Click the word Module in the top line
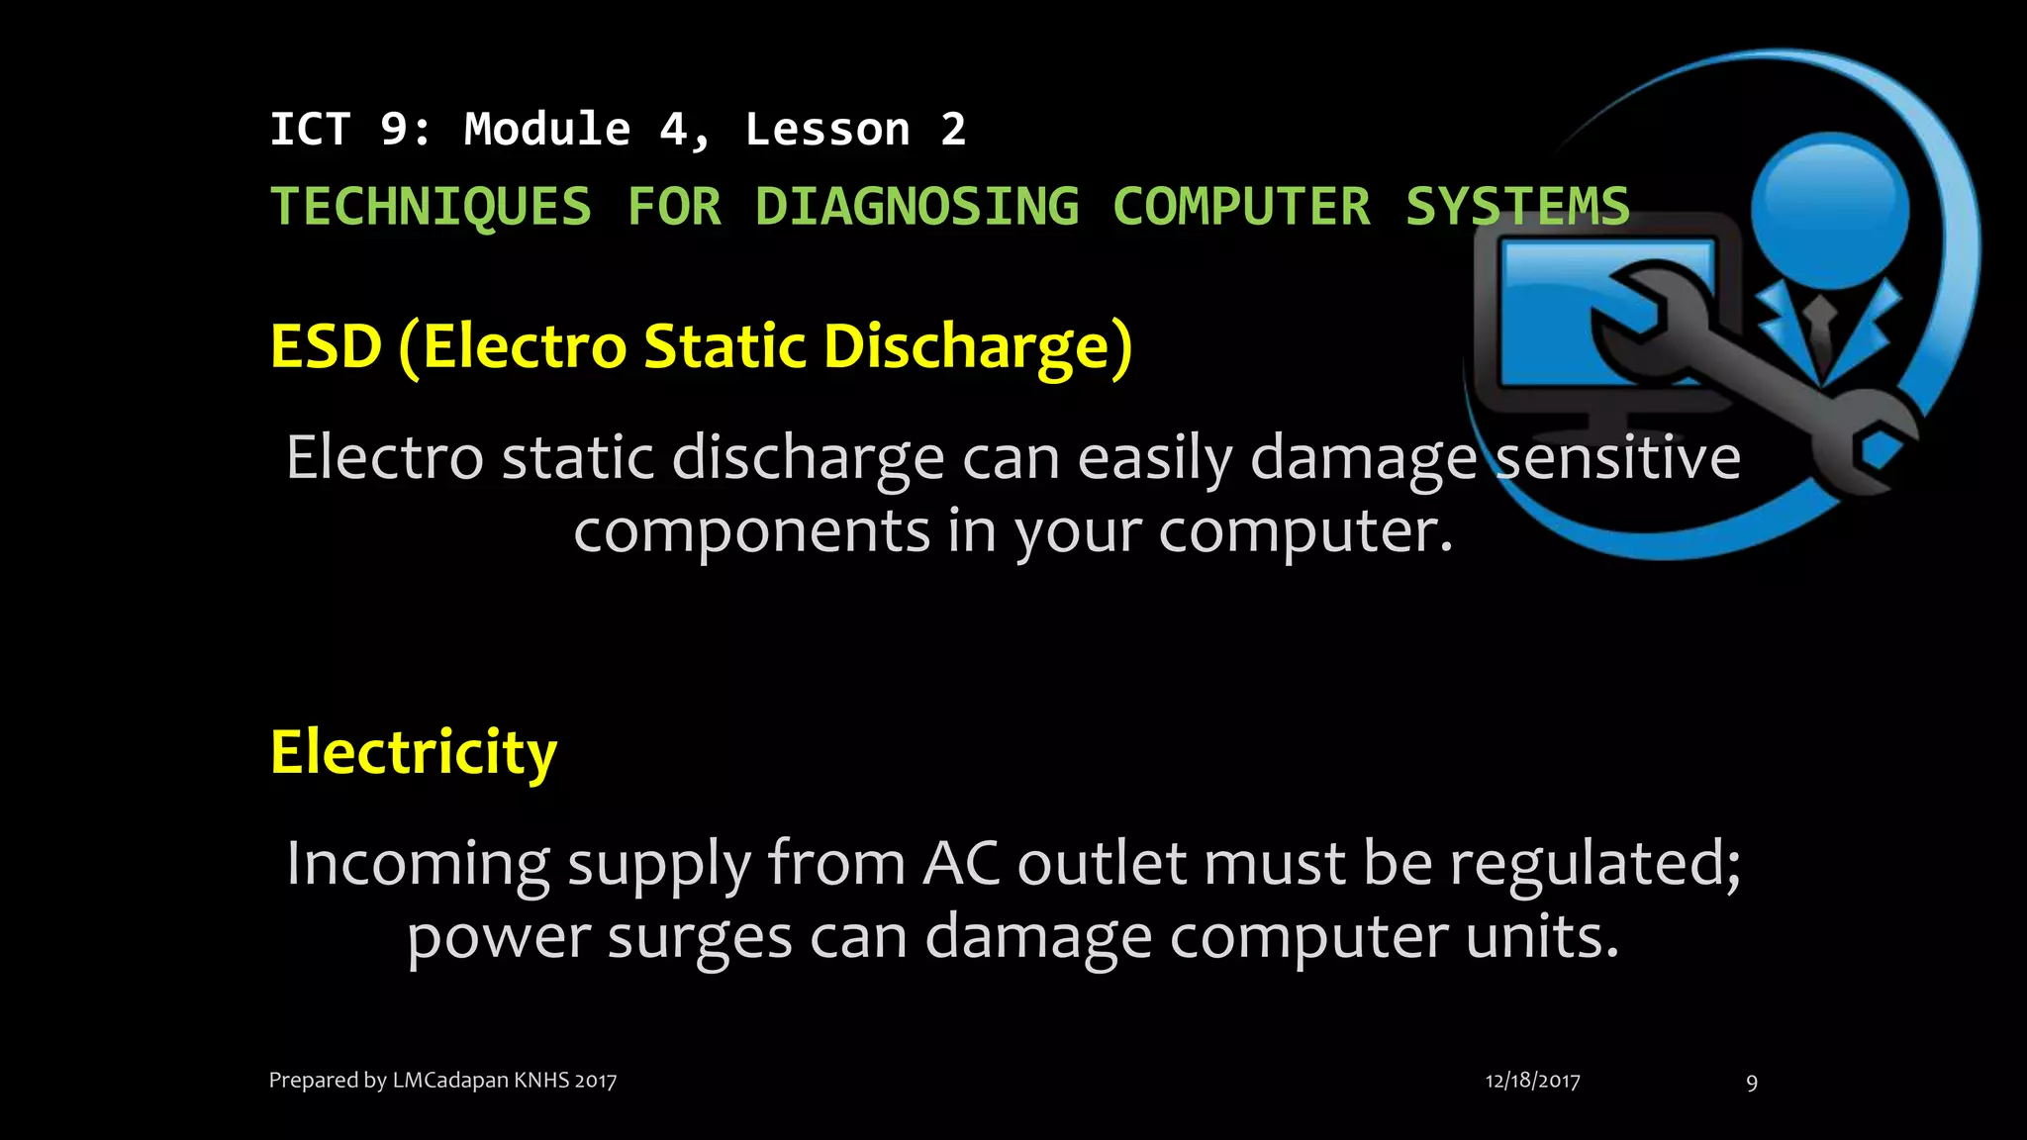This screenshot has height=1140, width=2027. click(x=547, y=130)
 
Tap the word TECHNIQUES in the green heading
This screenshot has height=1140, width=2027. click(x=431, y=207)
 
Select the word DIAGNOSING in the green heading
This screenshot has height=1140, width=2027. click(x=917, y=207)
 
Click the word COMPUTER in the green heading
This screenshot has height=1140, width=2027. click(x=1241, y=207)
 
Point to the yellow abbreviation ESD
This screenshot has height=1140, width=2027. click(x=326, y=346)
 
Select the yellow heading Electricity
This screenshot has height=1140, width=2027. click(x=414, y=752)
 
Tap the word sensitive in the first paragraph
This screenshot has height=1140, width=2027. click(x=1617, y=457)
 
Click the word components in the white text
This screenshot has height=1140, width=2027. click(x=752, y=531)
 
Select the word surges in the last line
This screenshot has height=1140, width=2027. click(x=700, y=936)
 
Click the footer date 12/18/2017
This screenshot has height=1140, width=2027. click(x=1532, y=1081)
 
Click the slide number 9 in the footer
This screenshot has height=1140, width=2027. click(x=1752, y=1083)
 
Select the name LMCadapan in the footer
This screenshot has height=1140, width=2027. click(x=450, y=1080)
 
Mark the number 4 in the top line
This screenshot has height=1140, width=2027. click(x=673, y=130)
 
